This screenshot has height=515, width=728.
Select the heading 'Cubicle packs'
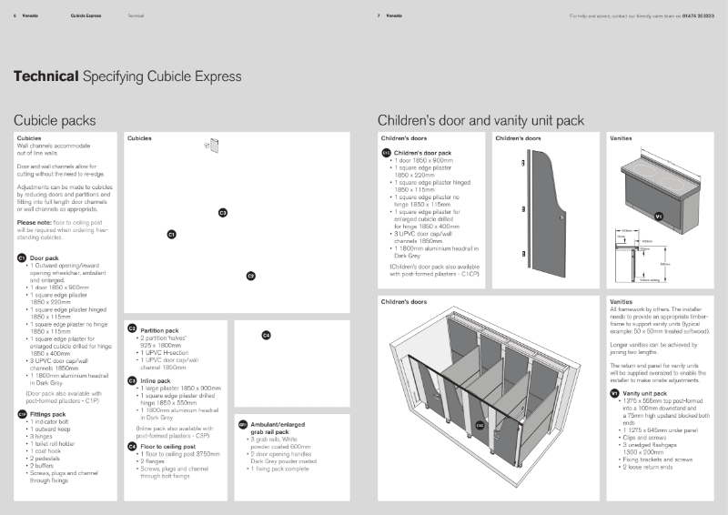click(55, 120)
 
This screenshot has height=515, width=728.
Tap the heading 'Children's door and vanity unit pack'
click(480, 120)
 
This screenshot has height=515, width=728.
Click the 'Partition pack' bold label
click(159, 329)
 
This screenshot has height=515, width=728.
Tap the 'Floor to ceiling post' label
click(167, 447)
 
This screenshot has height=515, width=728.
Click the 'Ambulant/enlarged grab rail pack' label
click(277, 427)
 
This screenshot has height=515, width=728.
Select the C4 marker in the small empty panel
click(266, 336)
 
